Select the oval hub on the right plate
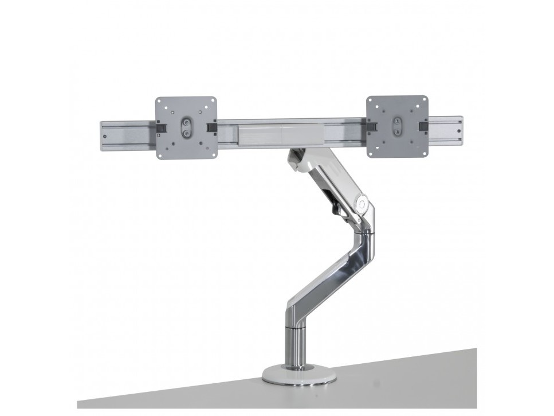pyautogui.click(x=397, y=126)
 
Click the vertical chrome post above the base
pyautogui.click(x=299, y=344)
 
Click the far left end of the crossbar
pyautogui.click(x=104, y=135)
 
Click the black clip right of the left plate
pyautogui.click(x=213, y=127)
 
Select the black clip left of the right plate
pyautogui.click(x=371, y=125)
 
